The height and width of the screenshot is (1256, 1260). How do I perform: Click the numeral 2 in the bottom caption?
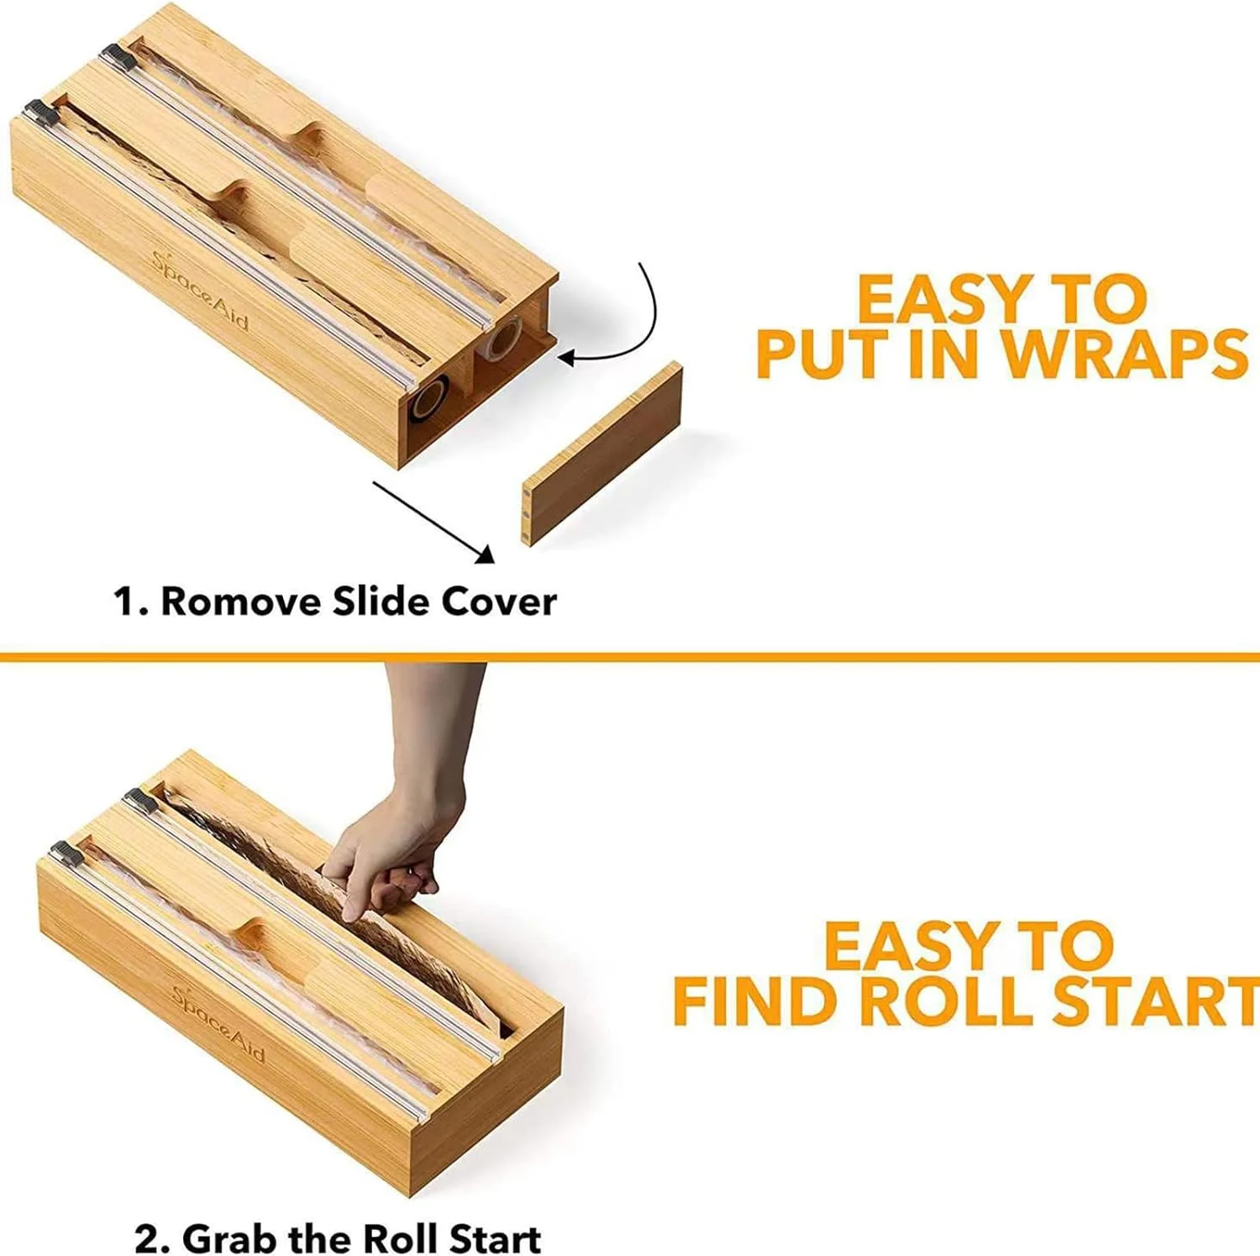tap(146, 1239)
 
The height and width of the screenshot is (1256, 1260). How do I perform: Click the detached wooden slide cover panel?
tap(602, 455)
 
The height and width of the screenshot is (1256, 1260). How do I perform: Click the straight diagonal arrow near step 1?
tap(433, 522)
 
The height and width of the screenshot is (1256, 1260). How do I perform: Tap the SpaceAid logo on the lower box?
tap(219, 1022)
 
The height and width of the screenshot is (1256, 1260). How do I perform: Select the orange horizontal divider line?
tap(630, 656)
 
